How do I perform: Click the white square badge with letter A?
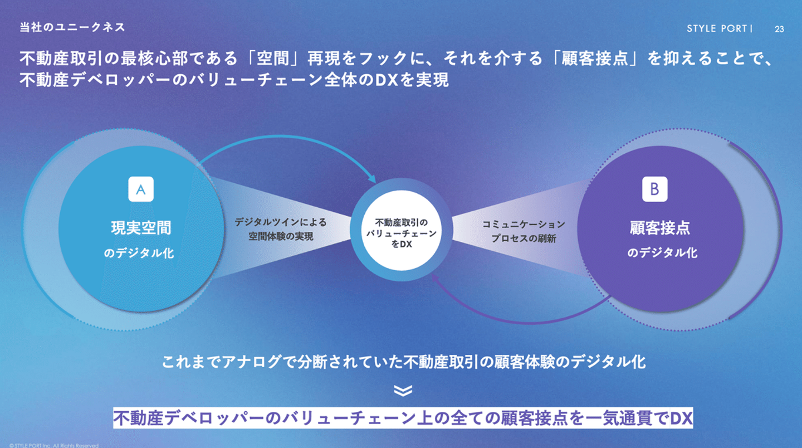pos(141,189)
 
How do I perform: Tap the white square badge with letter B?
pos(654,189)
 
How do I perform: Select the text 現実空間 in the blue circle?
pos(141,228)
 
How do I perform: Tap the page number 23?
pos(779,30)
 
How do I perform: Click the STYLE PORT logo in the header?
pos(718,29)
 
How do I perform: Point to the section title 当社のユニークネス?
pos(72,27)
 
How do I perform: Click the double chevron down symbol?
pos(402,391)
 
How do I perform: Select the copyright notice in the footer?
pos(50,445)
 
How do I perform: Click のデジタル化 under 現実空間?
pos(139,253)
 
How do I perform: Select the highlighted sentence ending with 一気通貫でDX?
pos(403,417)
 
